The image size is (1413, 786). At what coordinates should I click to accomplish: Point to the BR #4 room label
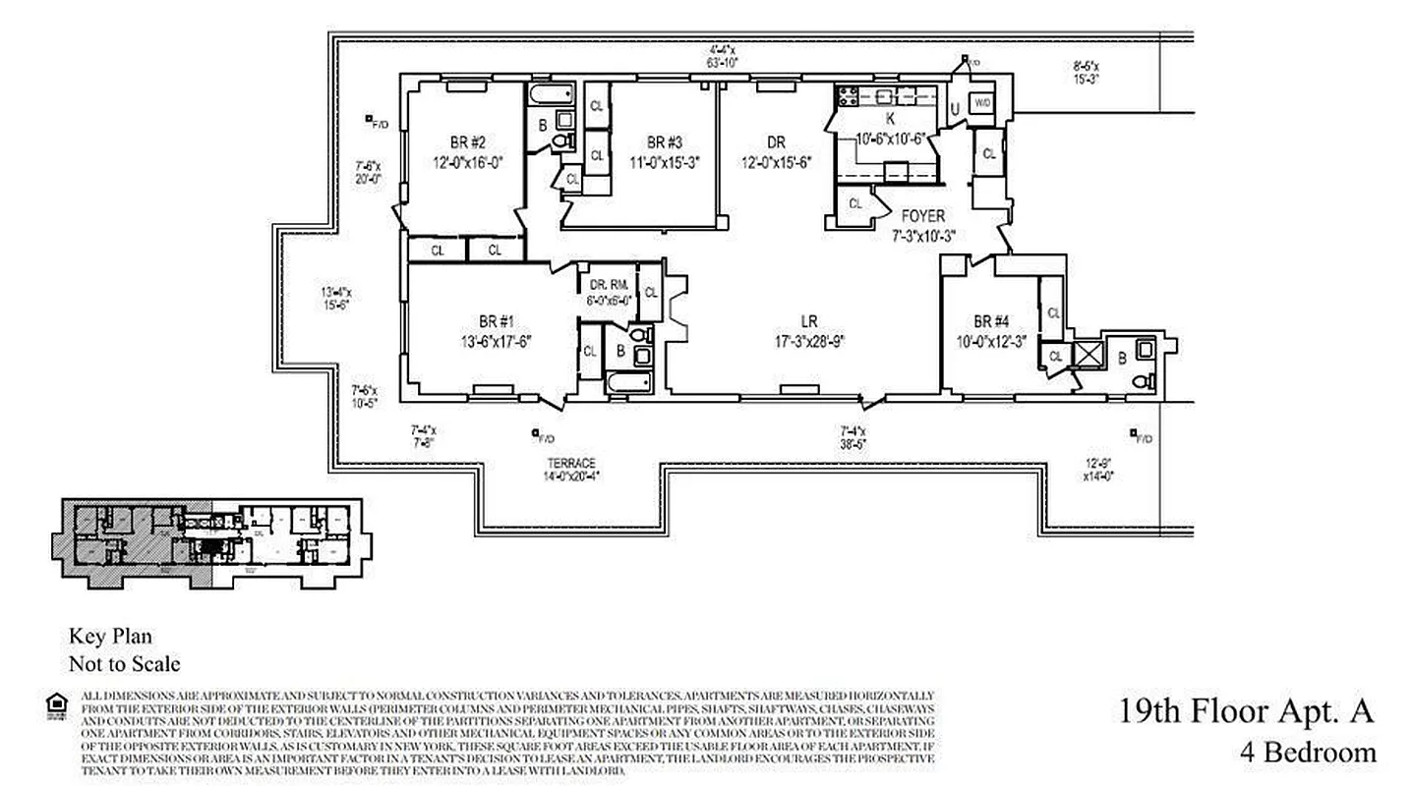(991, 322)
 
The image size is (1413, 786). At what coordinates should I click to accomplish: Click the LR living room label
(808, 322)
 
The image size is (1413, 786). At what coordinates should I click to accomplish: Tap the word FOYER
(922, 216)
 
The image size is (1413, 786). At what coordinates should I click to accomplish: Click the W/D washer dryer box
(981, 103)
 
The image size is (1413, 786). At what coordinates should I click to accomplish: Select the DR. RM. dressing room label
(603, 285)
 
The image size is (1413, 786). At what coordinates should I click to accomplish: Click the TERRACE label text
(571, 464)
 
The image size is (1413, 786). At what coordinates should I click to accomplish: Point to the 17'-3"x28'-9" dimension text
(808, 342)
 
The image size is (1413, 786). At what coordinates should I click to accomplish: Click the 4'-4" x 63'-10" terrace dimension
(725, 55)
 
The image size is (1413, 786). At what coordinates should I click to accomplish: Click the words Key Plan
(110, 637)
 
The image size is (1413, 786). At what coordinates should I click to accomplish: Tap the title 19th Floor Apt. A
(1245, 710)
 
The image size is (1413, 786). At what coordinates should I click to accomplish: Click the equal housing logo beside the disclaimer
(56, 702)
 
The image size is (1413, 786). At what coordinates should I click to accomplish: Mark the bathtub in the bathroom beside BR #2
(551, 94)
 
